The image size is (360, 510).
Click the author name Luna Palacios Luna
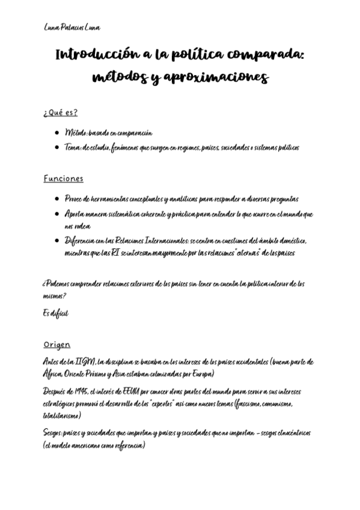tap(72, 28)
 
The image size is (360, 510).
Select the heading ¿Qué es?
tap(60, 112)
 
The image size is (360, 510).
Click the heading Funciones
tap(63, 179)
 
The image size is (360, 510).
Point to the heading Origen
tap(56, 345)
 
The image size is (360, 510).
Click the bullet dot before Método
tap(56, 133)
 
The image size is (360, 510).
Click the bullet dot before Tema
tap(56, 147)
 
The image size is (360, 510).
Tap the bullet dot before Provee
tap(56, 199)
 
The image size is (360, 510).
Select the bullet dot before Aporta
tap(56, 214)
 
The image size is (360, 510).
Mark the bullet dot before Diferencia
tap(56, 241)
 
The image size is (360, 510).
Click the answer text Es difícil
tap(56, 313)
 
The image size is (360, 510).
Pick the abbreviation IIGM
tap(85, 361)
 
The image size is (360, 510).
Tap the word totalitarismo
tap(62, 416)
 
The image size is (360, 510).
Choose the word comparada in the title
tap(269, 55)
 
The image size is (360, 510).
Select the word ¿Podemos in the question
tap(58, 284)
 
